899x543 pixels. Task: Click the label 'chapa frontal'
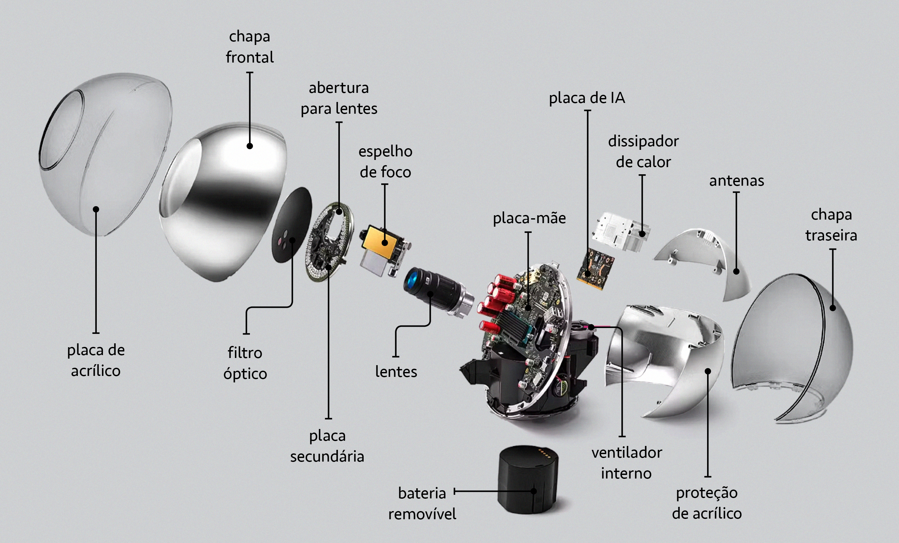[x=250, y=47]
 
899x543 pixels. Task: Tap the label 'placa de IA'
[x=587, y=98]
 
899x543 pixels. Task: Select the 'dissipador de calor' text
[x=643, y=151]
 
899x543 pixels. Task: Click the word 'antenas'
[x=736, y=181]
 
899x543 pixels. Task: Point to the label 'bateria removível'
[x=422, y=504]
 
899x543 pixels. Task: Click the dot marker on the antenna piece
[x=736, y=271]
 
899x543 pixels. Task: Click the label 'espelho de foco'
[x=385, y=162]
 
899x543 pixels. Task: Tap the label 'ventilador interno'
[x=627, y=463]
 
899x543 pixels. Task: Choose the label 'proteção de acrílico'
[x=707, y=503]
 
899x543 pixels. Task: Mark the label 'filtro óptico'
[x=245, y=363]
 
